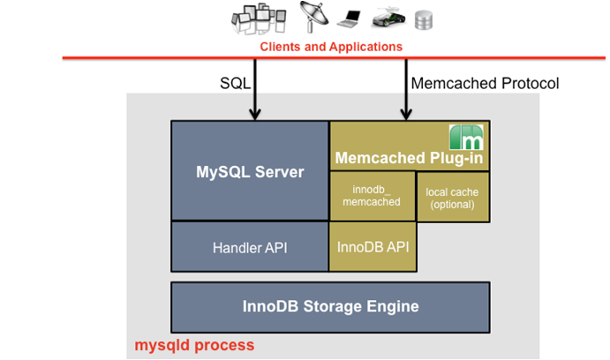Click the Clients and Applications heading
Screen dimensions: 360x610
[331, 46]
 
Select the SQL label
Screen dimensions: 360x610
[236, 85]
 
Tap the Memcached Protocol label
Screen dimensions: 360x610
[486, 85]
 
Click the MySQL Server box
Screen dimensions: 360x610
[250, 171]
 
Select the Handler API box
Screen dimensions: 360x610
[250, 247]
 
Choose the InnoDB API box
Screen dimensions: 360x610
[373, 247]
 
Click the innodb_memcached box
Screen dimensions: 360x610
[373, 196]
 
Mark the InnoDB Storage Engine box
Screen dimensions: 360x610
[330, 307]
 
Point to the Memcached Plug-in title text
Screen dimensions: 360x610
[403, 159]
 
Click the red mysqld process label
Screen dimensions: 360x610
[194, 344]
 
